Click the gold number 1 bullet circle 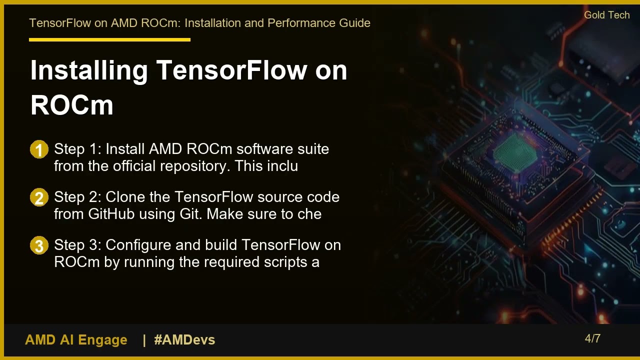[x=39, y=149]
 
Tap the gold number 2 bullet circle [x=39, y=197]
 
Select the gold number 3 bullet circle [x=39, y=245]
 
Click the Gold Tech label [x=606, y=15]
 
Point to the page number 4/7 [x=592, y=338]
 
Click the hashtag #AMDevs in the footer [x=184, y=340]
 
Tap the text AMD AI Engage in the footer [x=76, y=340]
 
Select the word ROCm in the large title [x=72, y=105]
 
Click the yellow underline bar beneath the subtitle [x=109, y=39]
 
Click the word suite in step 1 [x=313, y=149]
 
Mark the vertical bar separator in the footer [x=144, y=340]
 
